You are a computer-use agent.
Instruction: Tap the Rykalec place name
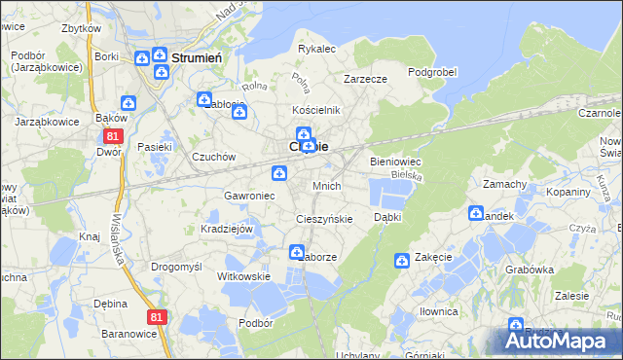pyautogui.click(x=316, y=48)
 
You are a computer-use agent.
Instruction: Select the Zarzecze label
pyautogui.click(x=366, y=80)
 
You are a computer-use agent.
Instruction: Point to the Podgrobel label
pyautogui.click(x=432, y=71)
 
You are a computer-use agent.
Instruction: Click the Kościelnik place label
pyautogui.click(x=317, y=111)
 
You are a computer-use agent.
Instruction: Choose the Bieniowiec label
pyautogui.click(x=395, y=162)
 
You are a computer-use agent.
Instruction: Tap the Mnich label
pyautogui.click(x=326, y=185)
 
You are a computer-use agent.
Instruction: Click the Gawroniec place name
pyautogui.click(x=250, y=196)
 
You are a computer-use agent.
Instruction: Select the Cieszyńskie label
pyautogui.click(x=324, y=219)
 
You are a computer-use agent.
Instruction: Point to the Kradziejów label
pyautogui.click(x=227, y=229)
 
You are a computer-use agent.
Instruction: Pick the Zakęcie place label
pyautogui.click(x=433, y=258)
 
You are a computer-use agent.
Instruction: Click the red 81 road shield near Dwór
pyautogui.click(x=113, y=136)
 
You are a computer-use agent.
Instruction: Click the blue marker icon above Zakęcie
pyautogui.click(x=402, y=260)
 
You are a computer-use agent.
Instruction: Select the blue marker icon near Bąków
pyautogui.click(x=128, y=103)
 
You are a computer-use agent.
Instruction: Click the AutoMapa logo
pyautogui.click(x=560, y=340)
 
